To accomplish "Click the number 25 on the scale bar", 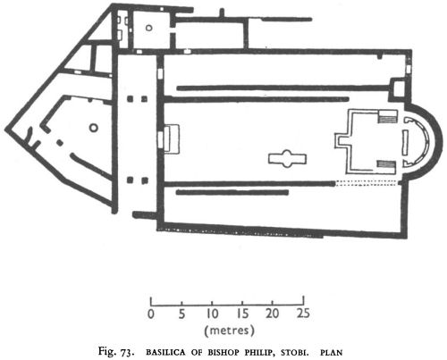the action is coord(303,314).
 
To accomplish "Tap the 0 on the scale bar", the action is coord(151,314).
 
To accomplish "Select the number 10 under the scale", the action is coord(212,314).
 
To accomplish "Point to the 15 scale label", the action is coord(242,314).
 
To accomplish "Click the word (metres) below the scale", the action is coord(229,331).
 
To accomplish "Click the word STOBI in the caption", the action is coord(294,353).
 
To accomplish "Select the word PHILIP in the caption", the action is coord(261,353).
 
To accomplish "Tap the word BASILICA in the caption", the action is coord(165,353).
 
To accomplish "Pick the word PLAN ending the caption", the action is coord(332,353).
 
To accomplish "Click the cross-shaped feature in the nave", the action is coord(287,158).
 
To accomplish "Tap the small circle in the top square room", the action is coord(148,28).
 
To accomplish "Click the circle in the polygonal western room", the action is coord(93,128).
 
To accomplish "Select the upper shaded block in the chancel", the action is coord(387,120).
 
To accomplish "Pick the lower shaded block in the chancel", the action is coord(386,163).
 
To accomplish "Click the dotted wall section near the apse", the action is coord(367,183).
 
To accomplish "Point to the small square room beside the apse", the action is coord(398,88).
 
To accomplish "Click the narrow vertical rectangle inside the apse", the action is coord(405,142).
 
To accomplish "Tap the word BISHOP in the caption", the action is coord(224,353).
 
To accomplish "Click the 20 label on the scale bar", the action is coord(273,314).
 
